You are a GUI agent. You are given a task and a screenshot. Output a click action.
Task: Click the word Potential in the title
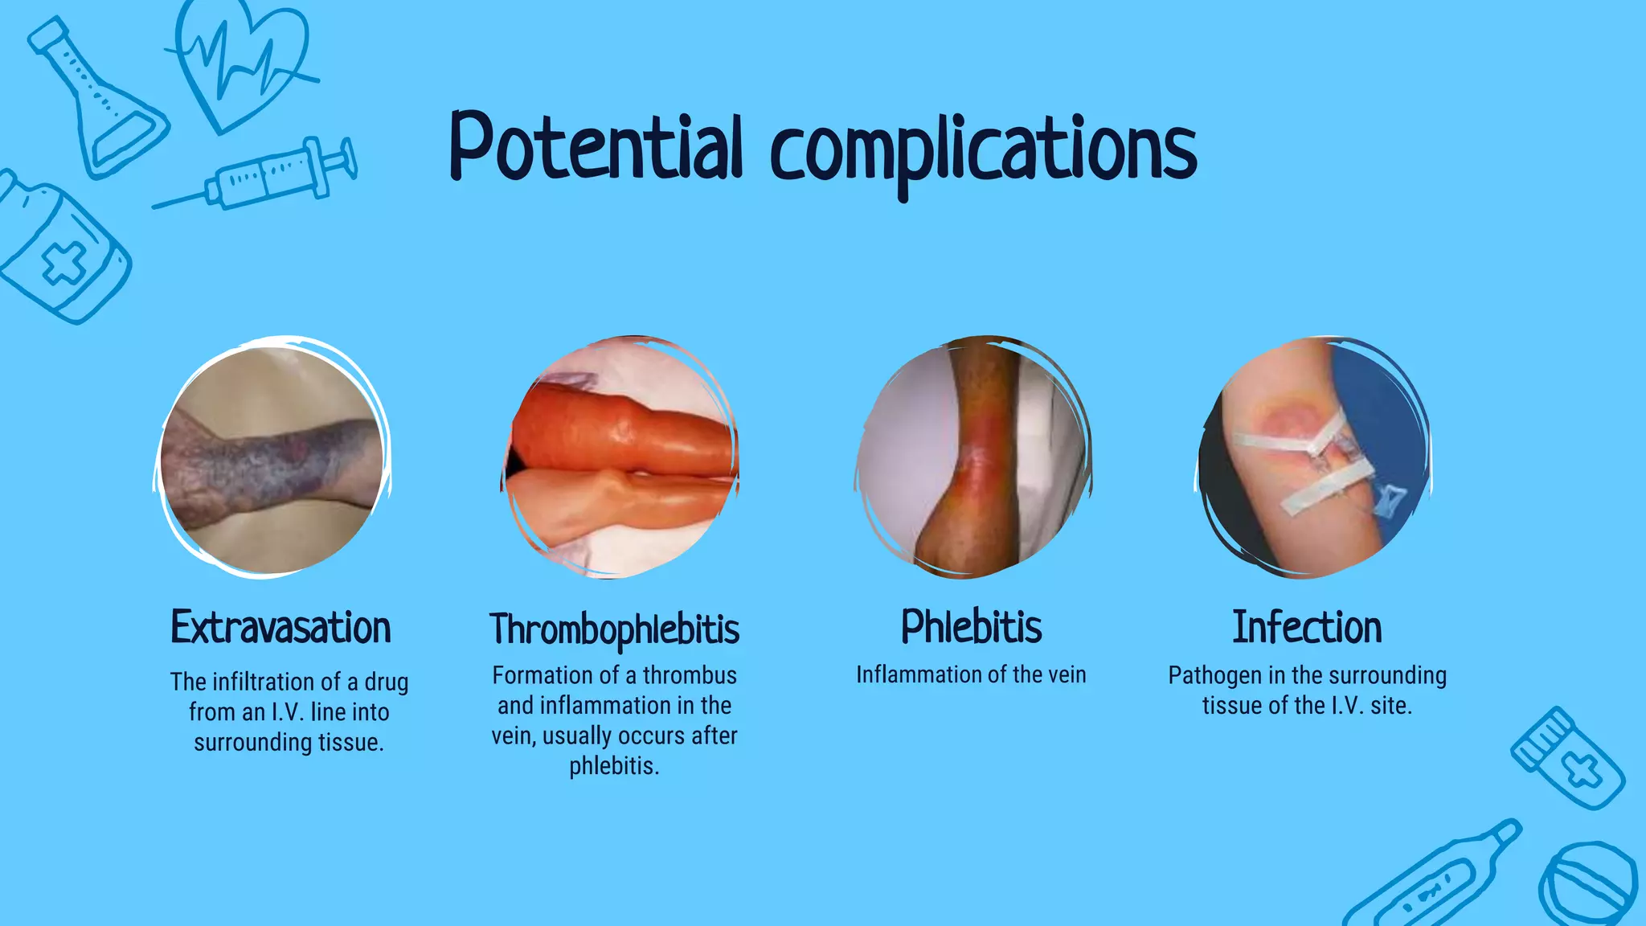click(x=595, y=149)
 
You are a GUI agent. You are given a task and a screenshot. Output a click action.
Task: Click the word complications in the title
click(x=983, y=153)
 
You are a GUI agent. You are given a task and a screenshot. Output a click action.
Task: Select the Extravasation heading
click(x=280, y=628)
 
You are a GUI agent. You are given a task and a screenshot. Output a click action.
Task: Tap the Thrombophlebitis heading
click(x=615, y=629)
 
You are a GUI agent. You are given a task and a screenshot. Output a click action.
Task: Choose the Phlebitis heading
click(x=971, y=627)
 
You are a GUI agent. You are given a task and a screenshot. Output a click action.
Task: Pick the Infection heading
click(x=1307, y=628)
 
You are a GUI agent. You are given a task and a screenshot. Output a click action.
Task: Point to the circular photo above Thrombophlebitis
click(x=620, y=457)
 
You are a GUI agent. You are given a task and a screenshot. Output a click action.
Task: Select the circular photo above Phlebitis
click(x=972, y=457)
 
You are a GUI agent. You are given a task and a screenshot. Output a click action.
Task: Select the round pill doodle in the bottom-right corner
click(x=1587, y=883)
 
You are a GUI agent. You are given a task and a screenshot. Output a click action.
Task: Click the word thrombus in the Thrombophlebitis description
click(x=690, y=675)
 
